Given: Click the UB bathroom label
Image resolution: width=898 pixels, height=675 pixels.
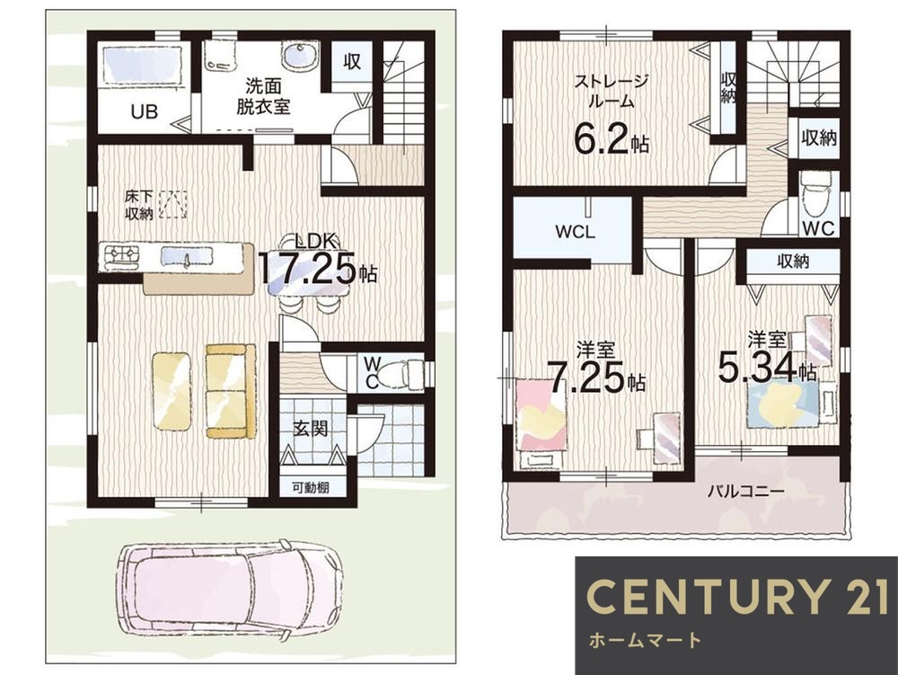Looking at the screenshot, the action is (x=144, y=111).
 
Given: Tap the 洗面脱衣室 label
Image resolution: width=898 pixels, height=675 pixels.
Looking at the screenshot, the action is (x=263, y=97).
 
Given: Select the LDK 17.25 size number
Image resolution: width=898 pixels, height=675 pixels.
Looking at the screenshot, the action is (x=307, y=268).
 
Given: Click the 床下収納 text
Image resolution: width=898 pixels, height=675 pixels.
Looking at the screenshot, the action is (x=138, y=205).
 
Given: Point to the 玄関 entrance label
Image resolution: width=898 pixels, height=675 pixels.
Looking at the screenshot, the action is (x=311, y=428).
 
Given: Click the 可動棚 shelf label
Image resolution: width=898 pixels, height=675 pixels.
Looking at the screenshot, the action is (x=311, y=488).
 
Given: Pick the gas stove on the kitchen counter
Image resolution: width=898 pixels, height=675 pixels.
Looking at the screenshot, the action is (x=119, y=255).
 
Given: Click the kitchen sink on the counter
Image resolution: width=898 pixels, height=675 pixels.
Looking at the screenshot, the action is (x=186, y=255).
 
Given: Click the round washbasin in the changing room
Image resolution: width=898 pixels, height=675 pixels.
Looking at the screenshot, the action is (x=299, y=56).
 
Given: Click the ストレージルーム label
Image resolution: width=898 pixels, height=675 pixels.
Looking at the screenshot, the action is (x=611, y=91).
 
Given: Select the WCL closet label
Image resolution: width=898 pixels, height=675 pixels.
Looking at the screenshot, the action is (x=575, y=232).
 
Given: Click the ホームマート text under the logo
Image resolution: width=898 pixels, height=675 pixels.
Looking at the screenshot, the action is (x=644, y=639).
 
